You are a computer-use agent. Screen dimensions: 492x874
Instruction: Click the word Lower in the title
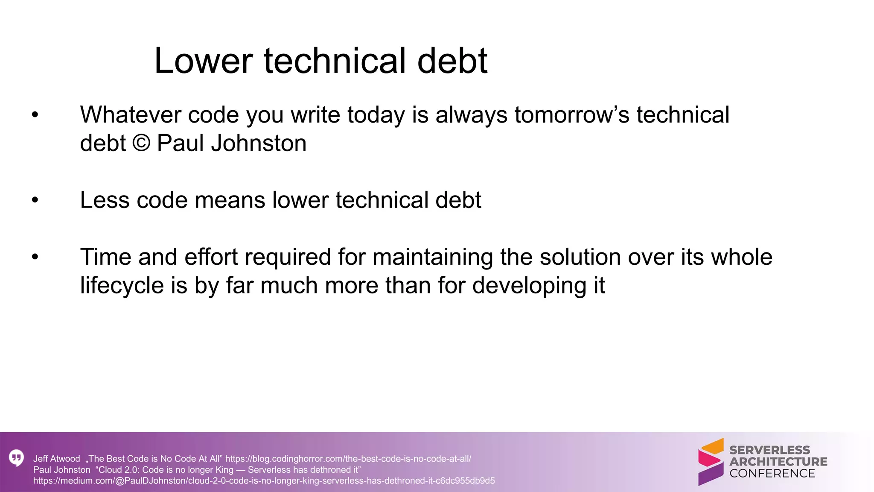click(203, 61)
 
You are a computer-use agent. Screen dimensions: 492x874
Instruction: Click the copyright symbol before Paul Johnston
click(141, 143)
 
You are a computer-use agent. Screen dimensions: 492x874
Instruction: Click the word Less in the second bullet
click(104, 200)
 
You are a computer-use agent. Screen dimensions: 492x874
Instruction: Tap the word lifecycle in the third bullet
click(122, 285)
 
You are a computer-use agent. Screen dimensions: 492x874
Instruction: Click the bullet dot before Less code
click(35, 200)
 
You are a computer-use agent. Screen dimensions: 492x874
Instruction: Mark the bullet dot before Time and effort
click(35, 257)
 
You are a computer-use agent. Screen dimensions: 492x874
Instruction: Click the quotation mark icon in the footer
click(16, 458)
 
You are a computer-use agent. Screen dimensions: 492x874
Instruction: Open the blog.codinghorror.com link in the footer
click(348, 459)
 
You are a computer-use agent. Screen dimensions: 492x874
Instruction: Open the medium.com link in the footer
click(264, 481)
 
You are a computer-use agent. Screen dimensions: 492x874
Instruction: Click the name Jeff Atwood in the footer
click(56, 459)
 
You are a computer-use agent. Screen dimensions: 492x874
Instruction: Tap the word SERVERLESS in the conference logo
click(769, 450)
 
